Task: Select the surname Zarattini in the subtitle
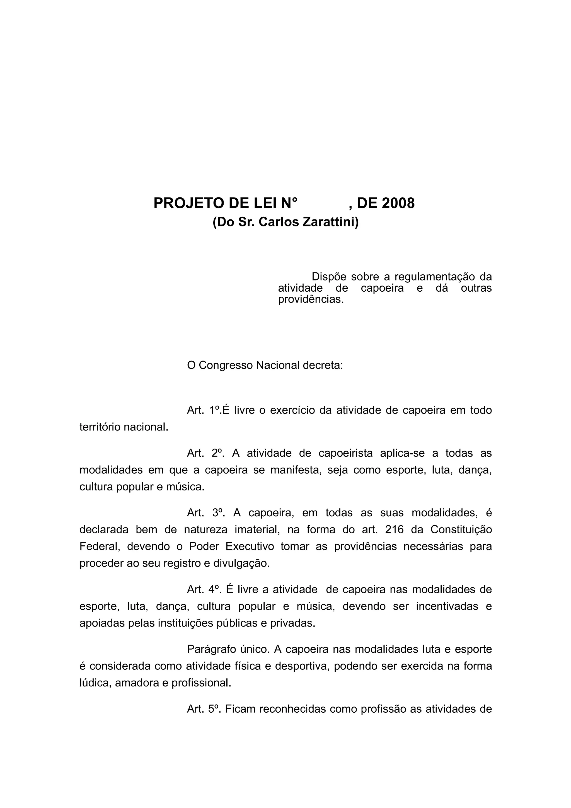click(331, 222)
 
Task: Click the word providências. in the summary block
click(311, 299)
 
